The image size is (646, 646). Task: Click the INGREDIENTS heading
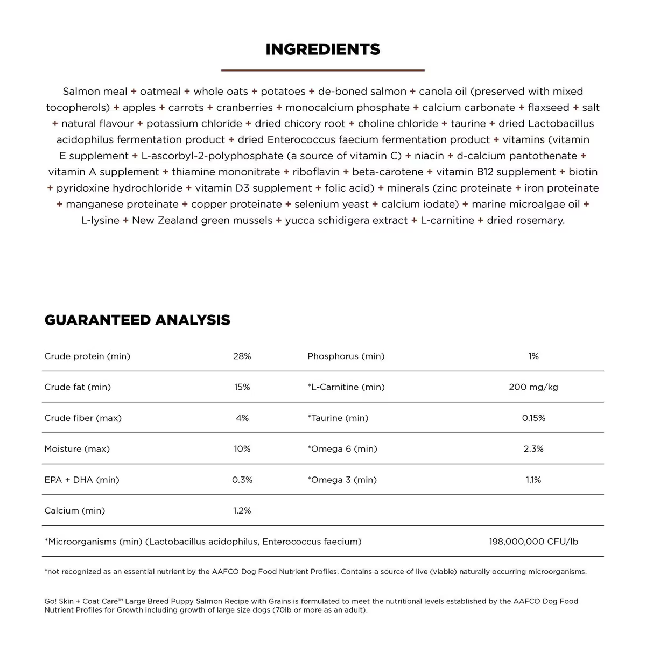point(323,50)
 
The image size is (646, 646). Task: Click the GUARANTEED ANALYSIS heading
point(137,320)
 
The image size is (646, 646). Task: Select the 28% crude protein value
point(242,356)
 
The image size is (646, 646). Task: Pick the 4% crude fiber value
point(242,418)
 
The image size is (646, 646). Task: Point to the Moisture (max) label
point(77,449)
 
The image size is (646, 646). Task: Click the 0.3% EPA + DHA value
point(242,480)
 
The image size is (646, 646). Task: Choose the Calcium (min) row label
point(75,511)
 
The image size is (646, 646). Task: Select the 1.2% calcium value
point(242,511)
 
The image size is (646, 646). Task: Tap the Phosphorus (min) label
point(346,356)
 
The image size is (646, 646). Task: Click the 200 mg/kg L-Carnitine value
point(533,387)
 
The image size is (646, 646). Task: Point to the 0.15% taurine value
point(533,418)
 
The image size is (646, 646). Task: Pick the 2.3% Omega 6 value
point(533,449)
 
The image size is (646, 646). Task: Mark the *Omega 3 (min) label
point(342,480)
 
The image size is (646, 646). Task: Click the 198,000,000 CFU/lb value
point(533,542)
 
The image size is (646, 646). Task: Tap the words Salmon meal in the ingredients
point(95,92)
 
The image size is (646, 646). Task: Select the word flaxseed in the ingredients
point(549,108)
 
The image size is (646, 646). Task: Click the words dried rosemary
point(525,221)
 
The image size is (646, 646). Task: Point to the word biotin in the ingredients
point(583,172)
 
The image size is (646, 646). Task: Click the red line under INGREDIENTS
point(323,70)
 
